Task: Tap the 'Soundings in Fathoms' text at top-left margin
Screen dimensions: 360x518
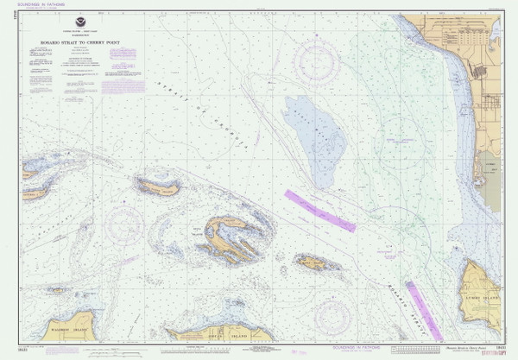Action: click(41, 5)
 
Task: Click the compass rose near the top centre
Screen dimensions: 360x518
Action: click(315, 61)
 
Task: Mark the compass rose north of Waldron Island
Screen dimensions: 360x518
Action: click(126, 226)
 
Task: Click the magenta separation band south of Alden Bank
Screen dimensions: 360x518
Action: click(320, 211)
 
